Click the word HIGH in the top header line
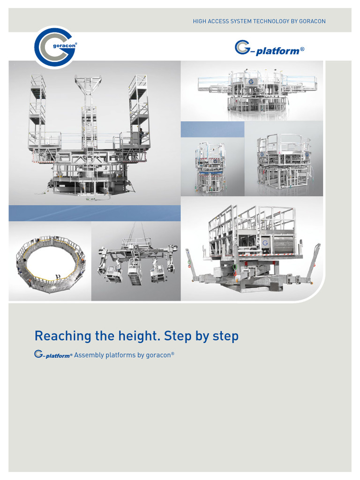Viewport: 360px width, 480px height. (x=200, y=22)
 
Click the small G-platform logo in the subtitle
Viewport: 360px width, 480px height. (x=53, y=355)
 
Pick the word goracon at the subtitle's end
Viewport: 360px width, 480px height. (x=159, y=355)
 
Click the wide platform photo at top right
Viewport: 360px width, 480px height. (x=252, y=91)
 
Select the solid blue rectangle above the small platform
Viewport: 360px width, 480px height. (x=212, y=129)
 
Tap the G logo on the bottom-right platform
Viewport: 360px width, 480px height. (x=265, y=243)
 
